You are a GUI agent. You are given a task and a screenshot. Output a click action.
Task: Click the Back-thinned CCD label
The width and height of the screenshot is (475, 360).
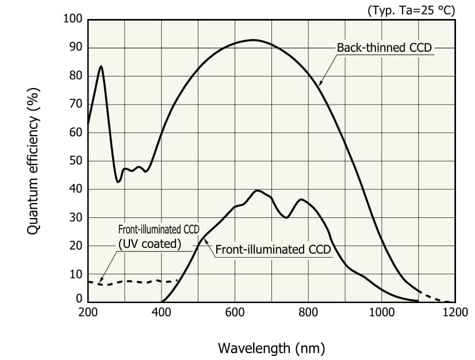click(384, 48)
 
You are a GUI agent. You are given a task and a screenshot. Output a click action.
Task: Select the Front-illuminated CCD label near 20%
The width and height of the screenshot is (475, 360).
click(273, 250)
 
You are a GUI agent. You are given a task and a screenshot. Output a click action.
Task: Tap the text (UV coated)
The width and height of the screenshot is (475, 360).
click(150, 243)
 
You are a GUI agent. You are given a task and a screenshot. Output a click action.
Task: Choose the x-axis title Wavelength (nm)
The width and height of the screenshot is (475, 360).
click(271, 348)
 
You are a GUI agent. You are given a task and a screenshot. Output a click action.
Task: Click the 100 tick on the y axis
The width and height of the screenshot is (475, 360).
click(73, 19)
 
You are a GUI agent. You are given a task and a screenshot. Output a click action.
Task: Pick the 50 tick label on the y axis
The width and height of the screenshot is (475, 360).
click(76, 161)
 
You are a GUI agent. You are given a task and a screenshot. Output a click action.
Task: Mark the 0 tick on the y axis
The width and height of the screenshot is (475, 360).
click(79, 299)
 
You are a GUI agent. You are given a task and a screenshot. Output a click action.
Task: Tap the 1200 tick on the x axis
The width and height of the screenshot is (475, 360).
click(455, 312)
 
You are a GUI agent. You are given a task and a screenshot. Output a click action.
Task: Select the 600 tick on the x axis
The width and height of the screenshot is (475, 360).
click(235, 312)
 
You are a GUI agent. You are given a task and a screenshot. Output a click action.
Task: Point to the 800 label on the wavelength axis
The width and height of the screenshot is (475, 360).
click(308, 312)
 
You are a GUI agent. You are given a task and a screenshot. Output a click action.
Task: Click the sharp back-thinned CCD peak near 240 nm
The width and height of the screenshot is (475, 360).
click(101, 66)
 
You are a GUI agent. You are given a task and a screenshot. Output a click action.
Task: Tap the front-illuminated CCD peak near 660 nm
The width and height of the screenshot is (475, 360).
click(257, 190)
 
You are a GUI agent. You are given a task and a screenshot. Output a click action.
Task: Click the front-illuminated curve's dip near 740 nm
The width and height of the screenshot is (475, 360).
click(286, 217)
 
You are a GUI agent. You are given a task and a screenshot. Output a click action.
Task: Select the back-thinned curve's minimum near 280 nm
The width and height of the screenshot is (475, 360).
click(118, 182)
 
